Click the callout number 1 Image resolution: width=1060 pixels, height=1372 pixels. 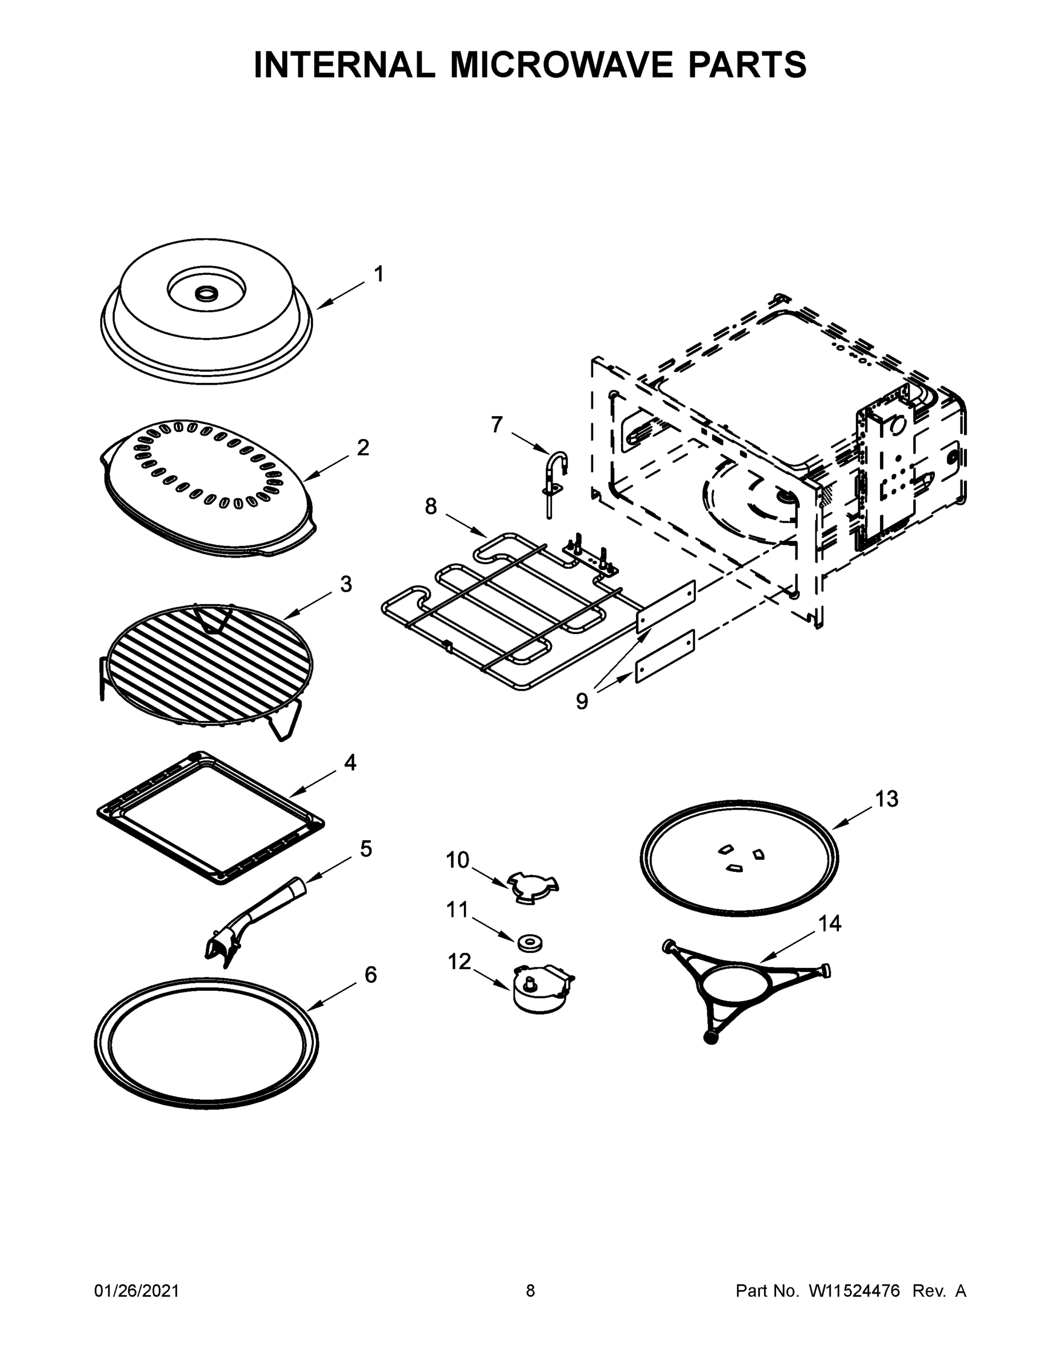[x=379, y=274]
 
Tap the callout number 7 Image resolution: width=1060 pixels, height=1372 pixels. [x=497, y=425]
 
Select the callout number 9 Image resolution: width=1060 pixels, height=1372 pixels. [x=582, y=701]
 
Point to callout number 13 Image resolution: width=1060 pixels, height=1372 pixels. [x=887, y=799]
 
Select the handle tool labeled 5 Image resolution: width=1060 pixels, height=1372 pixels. [x=254, y=920]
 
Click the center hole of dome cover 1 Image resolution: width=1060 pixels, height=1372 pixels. [x=205, y=293]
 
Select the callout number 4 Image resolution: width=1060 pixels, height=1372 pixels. [x=350, y=763]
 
